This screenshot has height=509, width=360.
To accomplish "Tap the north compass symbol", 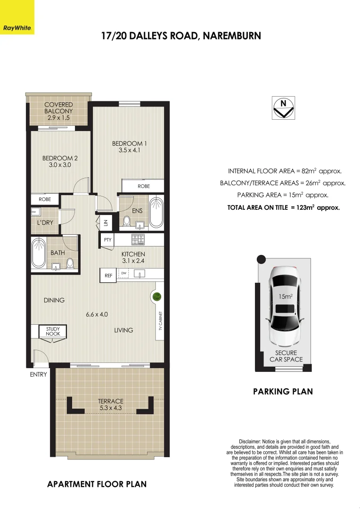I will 283,107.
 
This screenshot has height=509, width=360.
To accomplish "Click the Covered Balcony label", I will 58,111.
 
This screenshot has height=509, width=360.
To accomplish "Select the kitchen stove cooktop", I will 138,239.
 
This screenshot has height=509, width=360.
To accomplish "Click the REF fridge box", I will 108,276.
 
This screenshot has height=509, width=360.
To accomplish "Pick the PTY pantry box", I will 107,239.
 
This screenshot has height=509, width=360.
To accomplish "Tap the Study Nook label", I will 53,331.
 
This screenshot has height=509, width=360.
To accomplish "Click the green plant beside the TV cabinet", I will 156,296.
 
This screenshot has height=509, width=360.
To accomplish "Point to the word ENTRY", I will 39,375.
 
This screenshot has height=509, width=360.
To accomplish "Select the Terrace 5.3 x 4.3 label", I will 110,404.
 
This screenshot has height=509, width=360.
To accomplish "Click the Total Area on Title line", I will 283,207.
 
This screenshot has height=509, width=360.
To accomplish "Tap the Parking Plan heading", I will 283,391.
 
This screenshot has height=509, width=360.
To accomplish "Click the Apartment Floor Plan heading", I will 97,484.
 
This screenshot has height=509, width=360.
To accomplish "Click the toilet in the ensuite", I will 126,221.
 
